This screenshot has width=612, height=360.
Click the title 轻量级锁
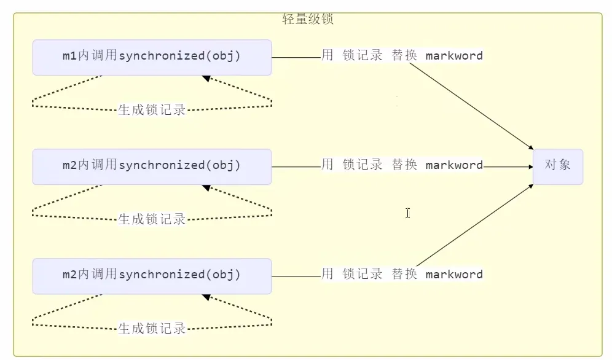308,19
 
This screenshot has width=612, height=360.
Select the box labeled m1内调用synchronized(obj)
152,57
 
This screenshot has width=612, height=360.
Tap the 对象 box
557,166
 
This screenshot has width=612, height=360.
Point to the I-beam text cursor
407,213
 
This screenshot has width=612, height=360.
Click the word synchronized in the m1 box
162,57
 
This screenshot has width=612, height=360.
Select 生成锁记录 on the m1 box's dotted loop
152,111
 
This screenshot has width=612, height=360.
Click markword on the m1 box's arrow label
454,56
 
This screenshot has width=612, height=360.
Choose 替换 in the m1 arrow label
404,56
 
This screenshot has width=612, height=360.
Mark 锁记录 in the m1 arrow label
363,56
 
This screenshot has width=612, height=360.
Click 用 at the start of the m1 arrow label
328,56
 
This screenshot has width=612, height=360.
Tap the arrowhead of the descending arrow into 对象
530,148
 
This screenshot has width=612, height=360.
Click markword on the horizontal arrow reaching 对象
454,165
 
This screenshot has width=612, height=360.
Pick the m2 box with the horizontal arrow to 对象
152,166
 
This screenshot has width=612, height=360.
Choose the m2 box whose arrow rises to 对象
152,276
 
